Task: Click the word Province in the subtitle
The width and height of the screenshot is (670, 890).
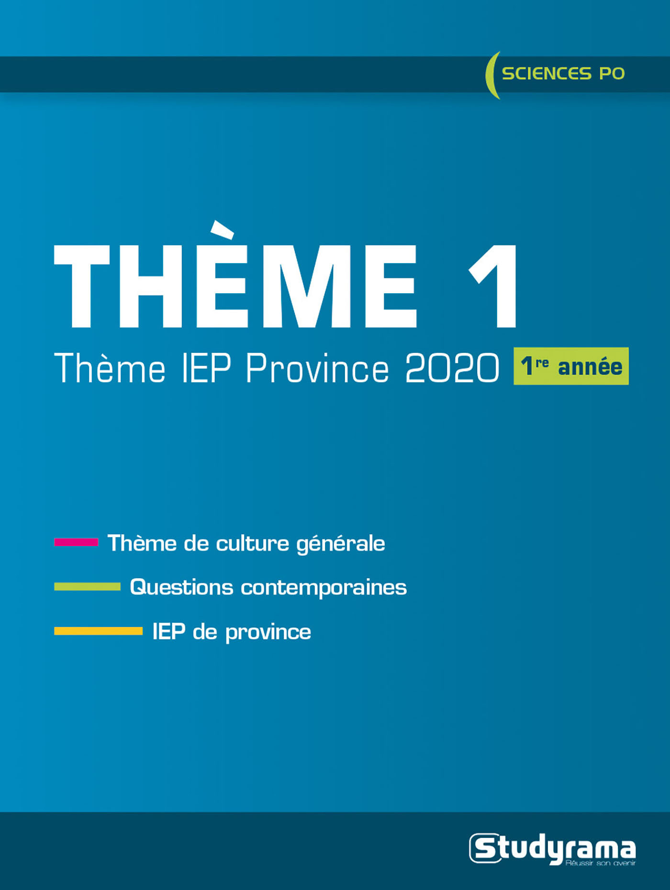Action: click(x=317, y=368)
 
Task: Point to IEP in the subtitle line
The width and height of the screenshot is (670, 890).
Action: click(x=207, y=368)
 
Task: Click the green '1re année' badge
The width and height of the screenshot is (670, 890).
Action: click(x=571, y=366)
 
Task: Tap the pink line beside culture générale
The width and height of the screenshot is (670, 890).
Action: click(x=76, y=542)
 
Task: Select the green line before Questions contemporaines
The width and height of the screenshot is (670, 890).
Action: click(x=87, y=586)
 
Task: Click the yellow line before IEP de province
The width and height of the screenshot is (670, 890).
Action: click(x=98, y=631)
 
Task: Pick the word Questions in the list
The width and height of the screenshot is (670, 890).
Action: click(x=181, y=587)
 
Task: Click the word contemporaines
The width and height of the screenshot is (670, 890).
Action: click(x=324, y=587)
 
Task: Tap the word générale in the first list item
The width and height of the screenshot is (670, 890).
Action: click(x=341, y=544)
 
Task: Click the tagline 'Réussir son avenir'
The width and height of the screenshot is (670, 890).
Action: click(x=600, y=863)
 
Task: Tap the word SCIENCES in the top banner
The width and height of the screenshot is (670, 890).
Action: click(x=547, y=74)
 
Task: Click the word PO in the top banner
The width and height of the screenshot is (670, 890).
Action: click(x=612, y=74)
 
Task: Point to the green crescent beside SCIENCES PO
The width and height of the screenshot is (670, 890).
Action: click(x=490, y=75)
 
